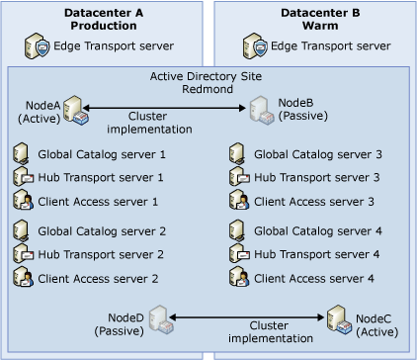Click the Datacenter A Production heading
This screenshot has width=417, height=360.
(105, 18)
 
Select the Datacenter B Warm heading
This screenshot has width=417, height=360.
(311, 18)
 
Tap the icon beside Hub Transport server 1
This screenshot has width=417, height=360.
(23, 177)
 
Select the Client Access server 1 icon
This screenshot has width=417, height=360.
(23, 201)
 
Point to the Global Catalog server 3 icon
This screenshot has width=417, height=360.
(238, 154)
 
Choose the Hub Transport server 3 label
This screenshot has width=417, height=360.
(316, 177)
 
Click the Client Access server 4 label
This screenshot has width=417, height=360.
(314, 279)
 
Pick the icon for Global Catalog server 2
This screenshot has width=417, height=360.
(23, 232)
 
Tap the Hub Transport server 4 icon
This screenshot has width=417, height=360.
(238, 255)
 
